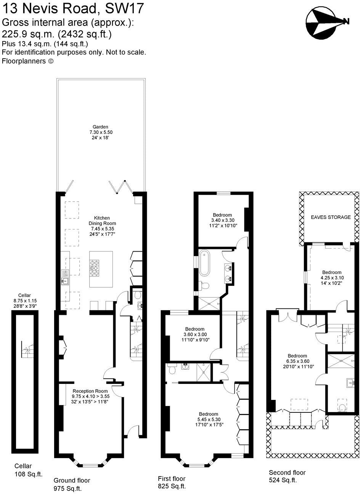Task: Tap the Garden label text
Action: (101, 132)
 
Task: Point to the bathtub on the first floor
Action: (204, 263)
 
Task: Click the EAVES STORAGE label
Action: (331, 217)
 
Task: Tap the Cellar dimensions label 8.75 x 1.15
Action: (25, 300)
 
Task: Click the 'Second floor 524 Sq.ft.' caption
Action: (287, 476)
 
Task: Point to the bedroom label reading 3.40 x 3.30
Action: (224, 220)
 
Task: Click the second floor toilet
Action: (342, 407)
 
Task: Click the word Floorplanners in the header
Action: (24, 61)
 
